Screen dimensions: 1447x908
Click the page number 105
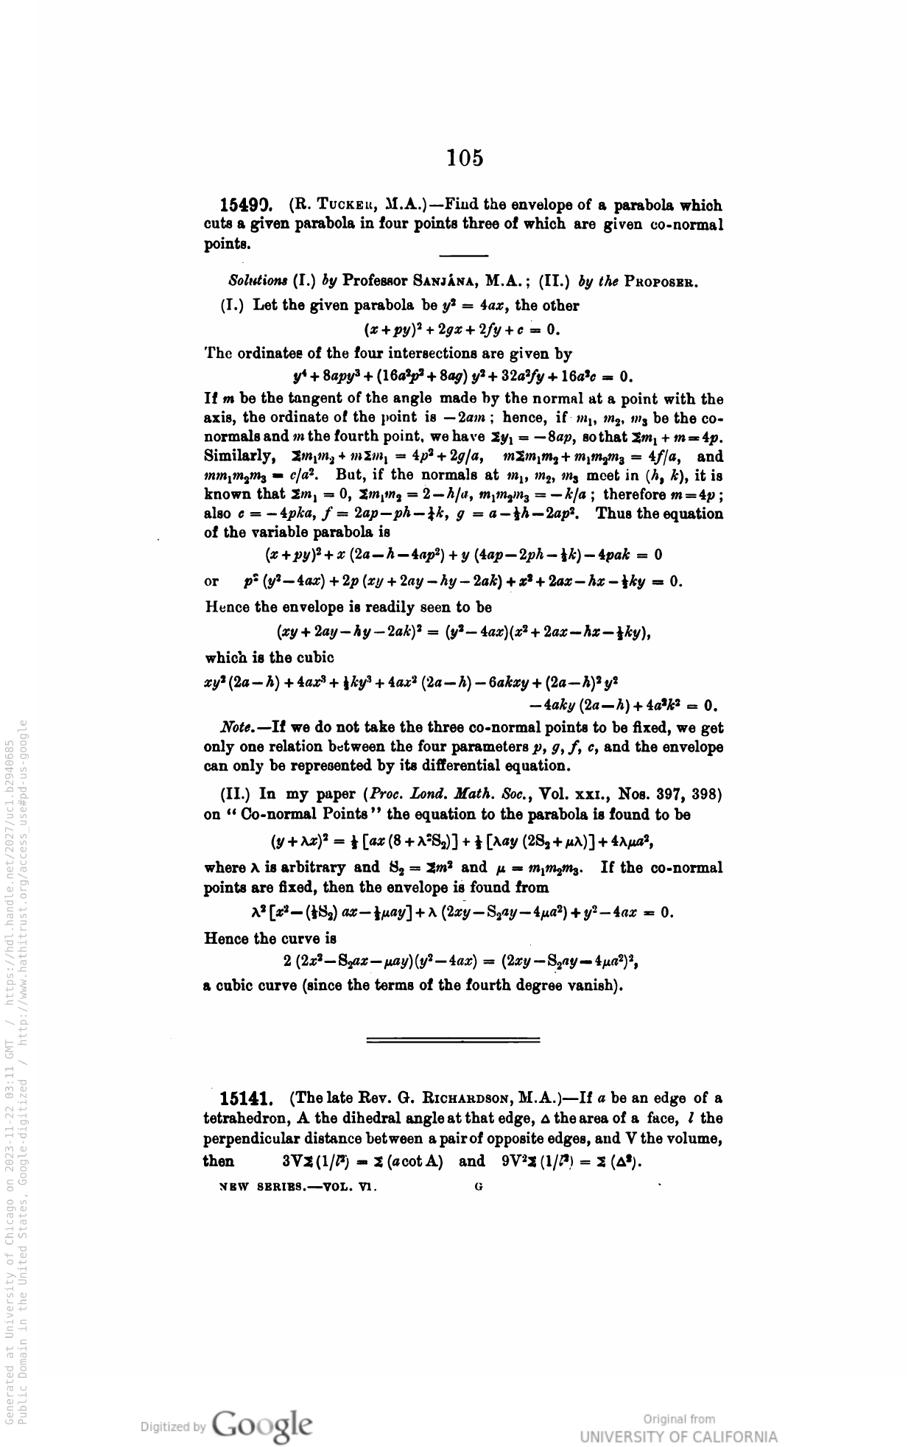[x=465, y=158]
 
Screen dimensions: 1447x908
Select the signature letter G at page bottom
[x=479, y=1187]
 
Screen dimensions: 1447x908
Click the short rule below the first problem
[x=463, y=256]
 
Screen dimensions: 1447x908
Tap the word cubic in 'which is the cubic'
[x=315, y=657]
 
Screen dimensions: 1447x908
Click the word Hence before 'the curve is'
[x=225, y=939]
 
